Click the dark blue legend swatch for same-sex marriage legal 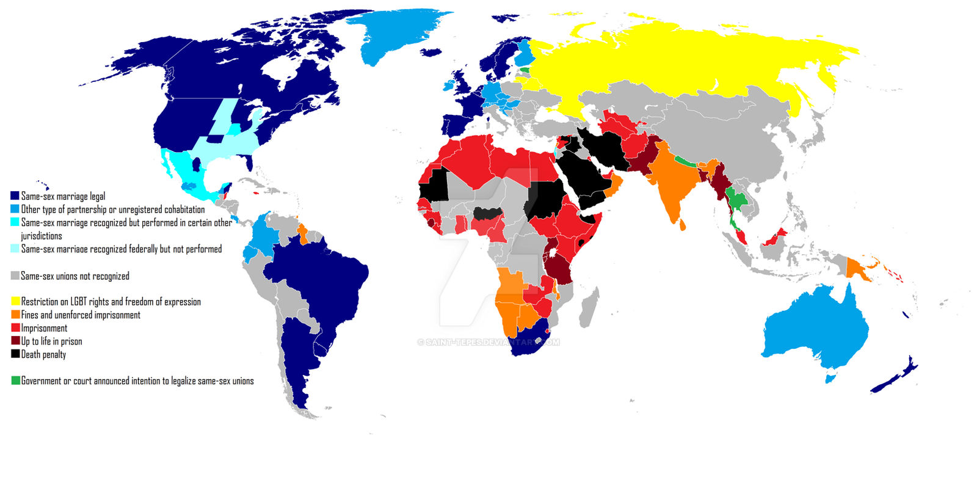click(15, 196)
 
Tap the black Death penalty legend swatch click(15, 354)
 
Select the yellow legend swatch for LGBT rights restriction click(15, 301)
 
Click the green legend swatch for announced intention click(15, 381)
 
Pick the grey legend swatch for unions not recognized click(15, 276)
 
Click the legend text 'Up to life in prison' click(51, 341)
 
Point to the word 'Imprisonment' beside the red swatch click(44, 328)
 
